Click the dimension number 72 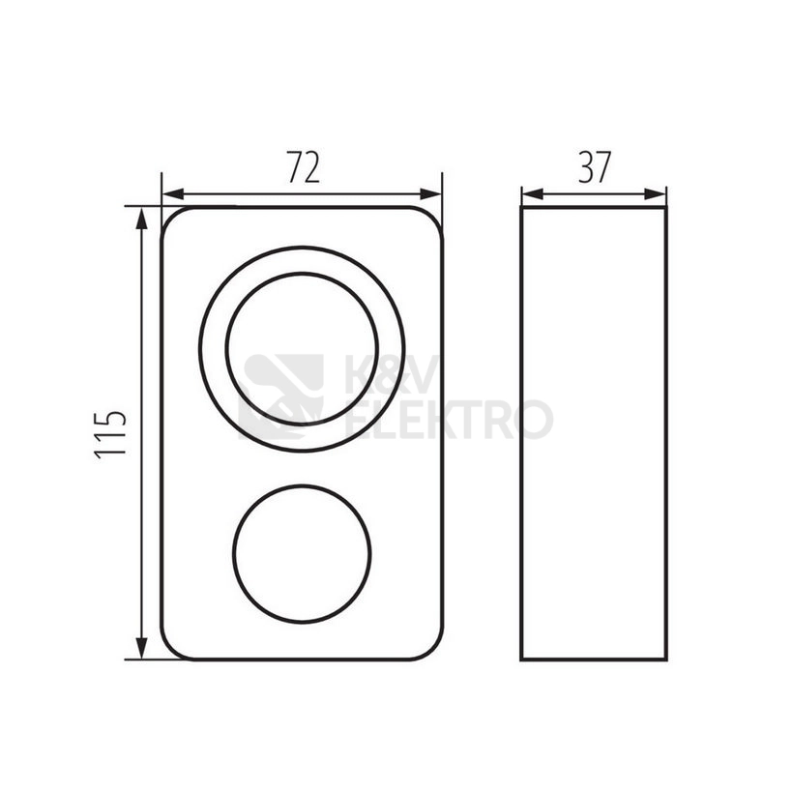[x=304, y=166]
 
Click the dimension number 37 [x=595, y=166]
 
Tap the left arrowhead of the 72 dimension [x=173, y=194]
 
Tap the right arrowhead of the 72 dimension [x=431, y=194]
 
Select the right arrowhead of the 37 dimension [x=655, y=194]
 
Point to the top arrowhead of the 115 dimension [x=142, y=218]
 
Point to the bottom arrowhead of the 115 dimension [x=142, y=648]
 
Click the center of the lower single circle [x=302, y=553]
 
